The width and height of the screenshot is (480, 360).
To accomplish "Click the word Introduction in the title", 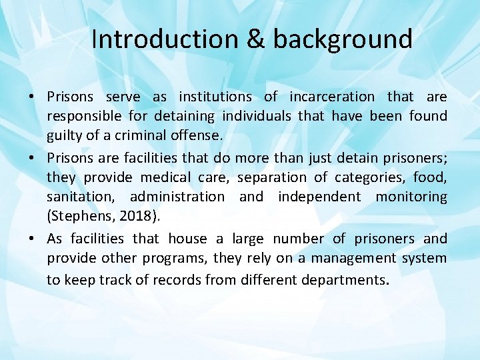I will pos(164,39).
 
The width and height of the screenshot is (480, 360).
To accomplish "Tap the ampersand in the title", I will pos(256,39).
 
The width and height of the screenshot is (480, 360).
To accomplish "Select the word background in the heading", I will pos(343,39).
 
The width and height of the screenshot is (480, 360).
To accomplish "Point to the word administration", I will pos(177,197).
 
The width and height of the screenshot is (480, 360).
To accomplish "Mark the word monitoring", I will pos(411,197).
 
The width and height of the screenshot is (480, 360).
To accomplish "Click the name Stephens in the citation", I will pos(78,215).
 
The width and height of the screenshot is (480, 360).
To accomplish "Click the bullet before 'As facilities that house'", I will pos(32,239).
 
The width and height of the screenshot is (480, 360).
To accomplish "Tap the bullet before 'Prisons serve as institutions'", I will pos(32,97).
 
